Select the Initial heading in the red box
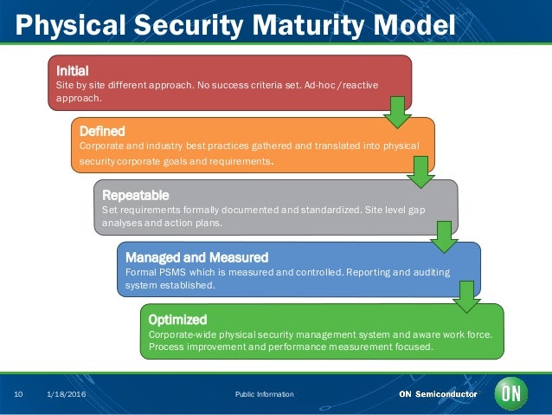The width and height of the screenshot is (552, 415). click(x=73, y=69)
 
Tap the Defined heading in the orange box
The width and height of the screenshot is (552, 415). click(x=102, y=131)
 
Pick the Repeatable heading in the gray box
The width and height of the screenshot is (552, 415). click(x=135, y=194)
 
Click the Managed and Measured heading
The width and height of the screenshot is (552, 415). click(x=196, y=257)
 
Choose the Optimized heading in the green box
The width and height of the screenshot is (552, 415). click(x=177, y=319)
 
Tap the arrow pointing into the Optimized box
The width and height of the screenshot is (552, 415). click(x=467, y=297)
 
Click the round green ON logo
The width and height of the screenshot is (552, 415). click(x=510, y=393)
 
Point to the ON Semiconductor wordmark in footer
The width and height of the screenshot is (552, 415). click(x=437, y=394)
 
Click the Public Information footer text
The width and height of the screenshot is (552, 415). click(x=264, y=394)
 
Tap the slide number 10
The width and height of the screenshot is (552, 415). click(x=17, y=394)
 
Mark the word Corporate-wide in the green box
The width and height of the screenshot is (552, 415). click(x=179, y=334)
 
